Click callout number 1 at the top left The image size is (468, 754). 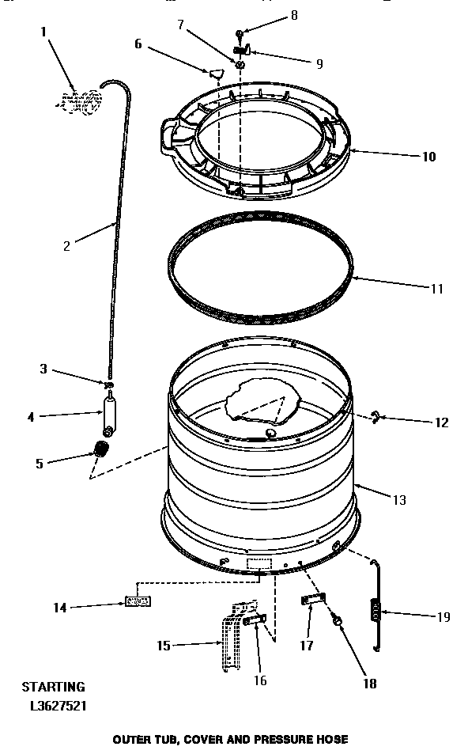pos(43,33)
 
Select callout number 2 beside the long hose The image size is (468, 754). pos(67,245)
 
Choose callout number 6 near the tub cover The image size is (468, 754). pos(139,44)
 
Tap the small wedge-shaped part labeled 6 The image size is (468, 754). pos(215,74)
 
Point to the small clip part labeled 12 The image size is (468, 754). pos(378,417)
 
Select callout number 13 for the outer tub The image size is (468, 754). pos(398,499)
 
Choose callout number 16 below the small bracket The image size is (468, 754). pos(260,680)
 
